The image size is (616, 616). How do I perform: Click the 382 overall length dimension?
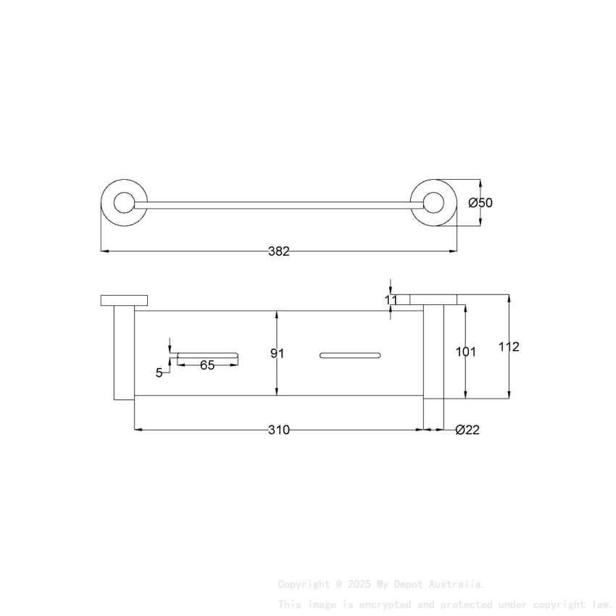click(278, 251)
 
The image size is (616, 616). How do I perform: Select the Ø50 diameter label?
click(480, 203)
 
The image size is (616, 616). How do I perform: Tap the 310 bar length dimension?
click(278, 430)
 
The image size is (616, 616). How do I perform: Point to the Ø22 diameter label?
click(467, 430)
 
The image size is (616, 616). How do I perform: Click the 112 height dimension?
click(509, 347)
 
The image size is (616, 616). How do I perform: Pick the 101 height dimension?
click(465, 351)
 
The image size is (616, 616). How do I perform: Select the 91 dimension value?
click(277, 353)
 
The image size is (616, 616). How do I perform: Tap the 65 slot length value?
click(207, 365)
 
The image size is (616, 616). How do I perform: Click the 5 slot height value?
click(159, 373)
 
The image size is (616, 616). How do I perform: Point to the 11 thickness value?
click(391, 299)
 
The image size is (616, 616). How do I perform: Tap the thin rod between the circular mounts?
click(278, 205)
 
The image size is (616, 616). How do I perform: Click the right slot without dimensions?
click(349, 354)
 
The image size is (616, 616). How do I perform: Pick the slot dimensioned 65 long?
click(207, 354)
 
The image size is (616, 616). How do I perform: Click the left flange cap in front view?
click(124, 300)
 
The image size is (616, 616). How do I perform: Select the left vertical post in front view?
click(124, 352)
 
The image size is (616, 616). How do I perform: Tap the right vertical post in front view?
click(433, 352)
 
